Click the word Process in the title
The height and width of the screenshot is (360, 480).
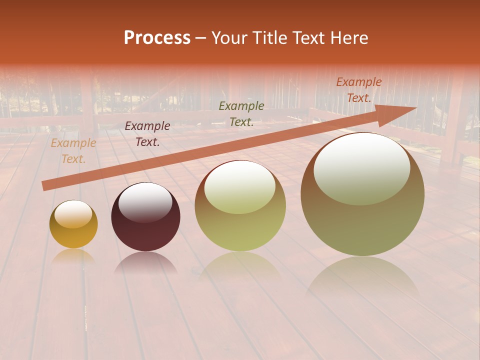[x=157, y=38]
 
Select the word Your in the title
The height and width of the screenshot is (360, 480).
[x=229, y=38]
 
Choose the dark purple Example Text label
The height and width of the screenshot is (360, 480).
[x=147, y=134]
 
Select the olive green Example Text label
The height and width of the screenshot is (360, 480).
[x=241, y=113]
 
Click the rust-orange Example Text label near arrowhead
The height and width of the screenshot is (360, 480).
[x=358, y=90]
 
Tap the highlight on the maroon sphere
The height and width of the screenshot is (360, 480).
[x=145, y=201]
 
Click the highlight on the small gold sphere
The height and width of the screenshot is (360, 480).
[x=73, y=214]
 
